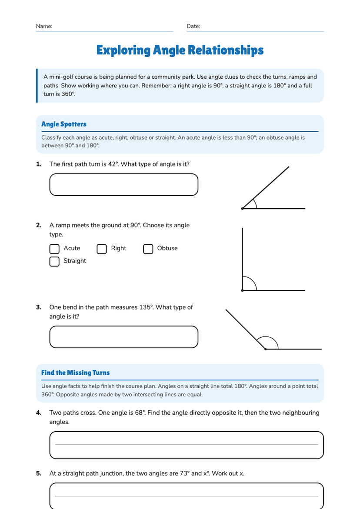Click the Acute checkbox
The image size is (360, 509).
pyautogui.click(x=54, y=249)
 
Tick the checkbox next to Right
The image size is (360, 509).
pyautogui.click(x=102, y=249)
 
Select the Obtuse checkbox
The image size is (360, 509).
pyautogui.click(x=148, y=249)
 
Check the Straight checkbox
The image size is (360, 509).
pyautogui.click(x=54, y=261)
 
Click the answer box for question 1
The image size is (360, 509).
pyautogui.click(x=123, y=184)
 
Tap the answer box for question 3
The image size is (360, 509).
pyautogui.click(x=123, y=336)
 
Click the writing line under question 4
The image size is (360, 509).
pyautogui.click(x=187, y=445)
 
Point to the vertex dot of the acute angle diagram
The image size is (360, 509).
pyautogui.click(x=243, y=208)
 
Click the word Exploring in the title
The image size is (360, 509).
pyautogui.click(x=123, y=51)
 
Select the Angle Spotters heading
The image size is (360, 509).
pyautogui.click(x=63, y=124)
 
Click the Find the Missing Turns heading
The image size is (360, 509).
pyautogui.click(x=75, y=373)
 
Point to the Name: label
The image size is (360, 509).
pyautogui.click(x=44, y=26)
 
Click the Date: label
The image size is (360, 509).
pyautogui.click(x=193, y=26)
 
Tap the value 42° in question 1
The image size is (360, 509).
pyautogui.click(x=113, y=164)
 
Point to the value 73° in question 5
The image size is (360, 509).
pyautogui.click(x=185, y=473)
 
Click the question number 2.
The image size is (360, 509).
pyautogui.click(x=39, y=225)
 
